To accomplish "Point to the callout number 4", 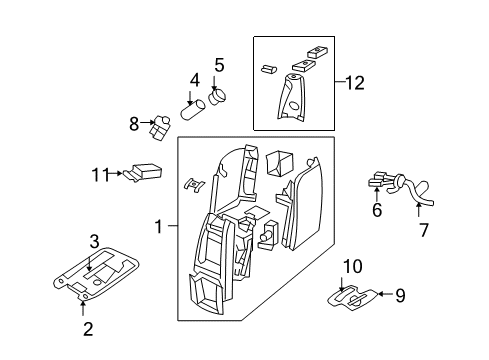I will coord(195,79).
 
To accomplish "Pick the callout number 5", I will coord(219,66).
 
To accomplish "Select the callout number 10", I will coord(350,266).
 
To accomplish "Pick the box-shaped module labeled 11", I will coord(148,171).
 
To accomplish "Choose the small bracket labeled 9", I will coord(357,298).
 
